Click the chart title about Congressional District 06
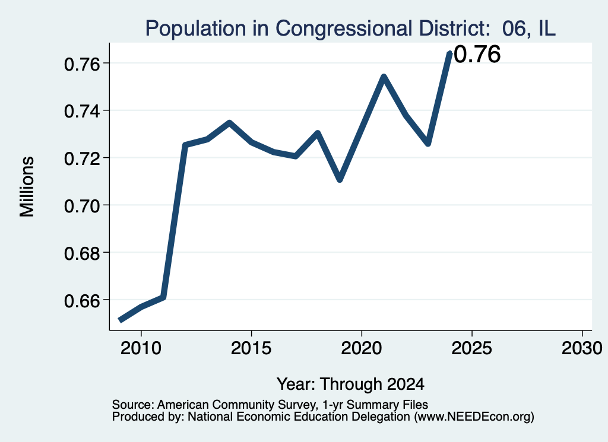(350, 28)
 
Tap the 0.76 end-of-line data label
(477, 54)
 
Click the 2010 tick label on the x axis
(141, 348)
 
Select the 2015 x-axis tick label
(251, 348)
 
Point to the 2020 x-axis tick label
(362, 348)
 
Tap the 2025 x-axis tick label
(472, 348)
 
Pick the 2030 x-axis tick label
(582, 348)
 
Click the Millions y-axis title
(27, 186)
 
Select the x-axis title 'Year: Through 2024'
(350, 384)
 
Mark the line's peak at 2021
(384, 77)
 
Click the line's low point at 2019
(340, 179)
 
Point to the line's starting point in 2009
(120, 320)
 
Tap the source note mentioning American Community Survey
(270, 405)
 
